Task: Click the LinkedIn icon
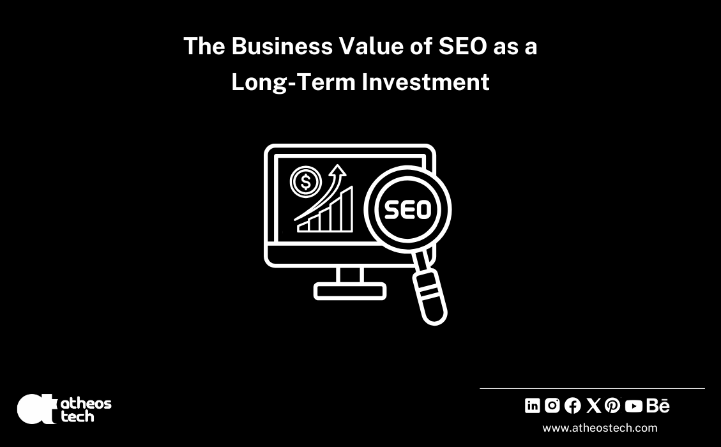click(532, 405)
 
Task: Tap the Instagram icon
click(552, 405)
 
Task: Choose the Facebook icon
click(573, 405)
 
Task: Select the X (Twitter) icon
click(593, 405)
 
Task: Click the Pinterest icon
click(612, 405)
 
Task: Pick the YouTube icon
click(634, 406)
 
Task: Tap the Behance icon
click(658, 405)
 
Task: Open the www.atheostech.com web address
click(600, 428)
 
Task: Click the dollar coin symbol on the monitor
click(306, 183)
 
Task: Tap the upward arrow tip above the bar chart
click(338, 170)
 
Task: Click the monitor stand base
click(350, 291)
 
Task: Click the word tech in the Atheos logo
click(77, 416)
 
